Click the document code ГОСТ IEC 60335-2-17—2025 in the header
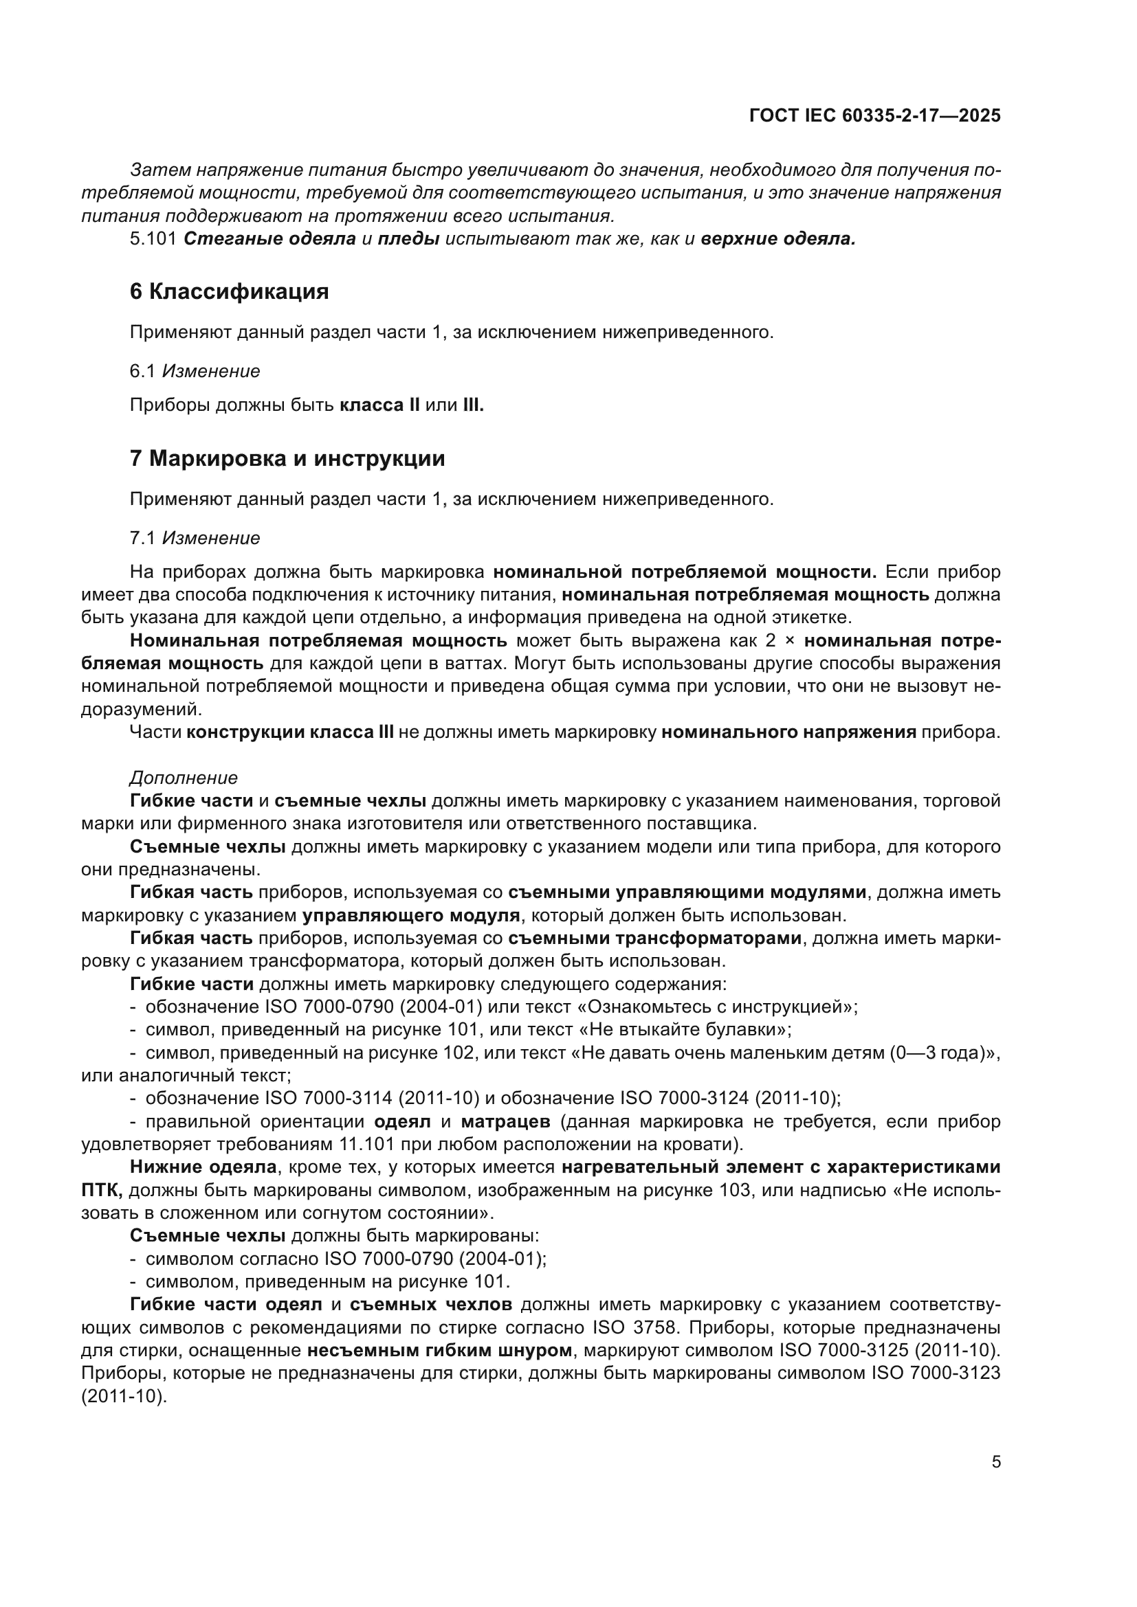tap(874, 115)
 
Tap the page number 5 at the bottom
tap(995, 1462)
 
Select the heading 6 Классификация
tap(229, 292)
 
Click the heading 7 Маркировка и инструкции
tap(287, 459)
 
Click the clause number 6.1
tap(142, 372)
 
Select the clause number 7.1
tap(142, 538)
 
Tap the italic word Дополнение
tap(184, 778)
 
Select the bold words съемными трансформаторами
tap(654, 939)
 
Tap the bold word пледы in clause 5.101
tap(408, 239)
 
